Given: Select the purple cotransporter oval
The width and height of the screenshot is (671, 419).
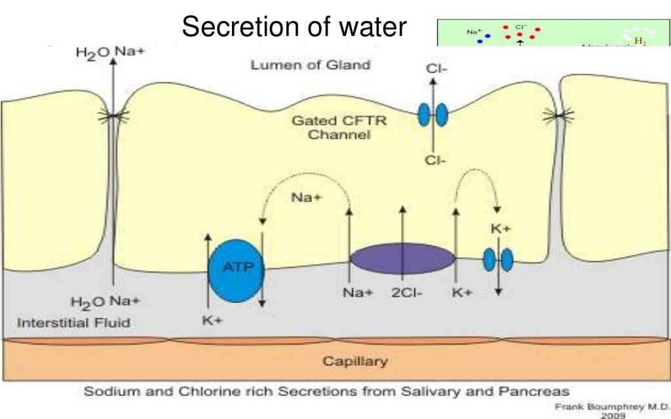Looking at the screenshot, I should tap(402, 258).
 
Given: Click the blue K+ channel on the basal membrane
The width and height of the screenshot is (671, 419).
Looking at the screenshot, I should tap(497, 260).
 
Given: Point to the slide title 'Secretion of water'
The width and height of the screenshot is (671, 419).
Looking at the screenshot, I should tap(294, 27).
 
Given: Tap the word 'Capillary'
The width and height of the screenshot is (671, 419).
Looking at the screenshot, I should tap(355, 361).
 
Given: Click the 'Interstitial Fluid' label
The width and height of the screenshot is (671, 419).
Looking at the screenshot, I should tap(73, 322).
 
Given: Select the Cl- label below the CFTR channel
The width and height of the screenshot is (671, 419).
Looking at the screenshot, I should tap(434, 160).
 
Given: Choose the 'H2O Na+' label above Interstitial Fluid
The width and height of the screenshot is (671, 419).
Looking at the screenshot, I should tap(105, 302).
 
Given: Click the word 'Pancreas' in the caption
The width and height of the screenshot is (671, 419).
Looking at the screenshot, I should tap(537, 391).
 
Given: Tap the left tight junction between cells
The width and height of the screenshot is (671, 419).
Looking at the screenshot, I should tap(113, 117).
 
